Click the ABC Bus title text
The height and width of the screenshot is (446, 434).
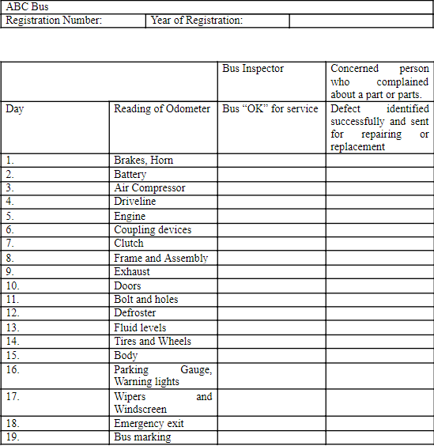click(x=27, y=7)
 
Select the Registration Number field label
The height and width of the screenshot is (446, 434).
click(x=54, y=20)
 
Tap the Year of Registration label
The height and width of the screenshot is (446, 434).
click(x=197, y=20)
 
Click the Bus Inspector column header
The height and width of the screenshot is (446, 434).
click(x=253, y=69)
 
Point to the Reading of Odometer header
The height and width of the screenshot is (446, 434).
click(x=162, y=108)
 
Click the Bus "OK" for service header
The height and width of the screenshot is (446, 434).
click(x=270, y=108)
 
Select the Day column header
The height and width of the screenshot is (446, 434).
click(x=14, y=108)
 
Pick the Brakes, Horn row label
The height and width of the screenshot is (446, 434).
click(x=143, y=160)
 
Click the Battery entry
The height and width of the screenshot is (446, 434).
click(x=130, y=174)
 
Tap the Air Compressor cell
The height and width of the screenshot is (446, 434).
click(x=149, y=188)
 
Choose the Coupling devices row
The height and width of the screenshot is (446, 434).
click(x=153, y=230)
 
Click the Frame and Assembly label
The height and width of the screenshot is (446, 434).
click(x=160, y=258)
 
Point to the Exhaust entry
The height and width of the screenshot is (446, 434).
click(x=131, y=271)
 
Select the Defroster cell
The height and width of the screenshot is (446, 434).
click(x=134, y=313)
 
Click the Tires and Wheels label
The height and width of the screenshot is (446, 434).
click(x=153, y=341)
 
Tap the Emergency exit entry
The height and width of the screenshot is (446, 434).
click(x=149, y=423)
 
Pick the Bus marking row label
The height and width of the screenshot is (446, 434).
click(x=142, y=437)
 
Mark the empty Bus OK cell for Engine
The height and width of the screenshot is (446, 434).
click(x=271, y=216)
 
